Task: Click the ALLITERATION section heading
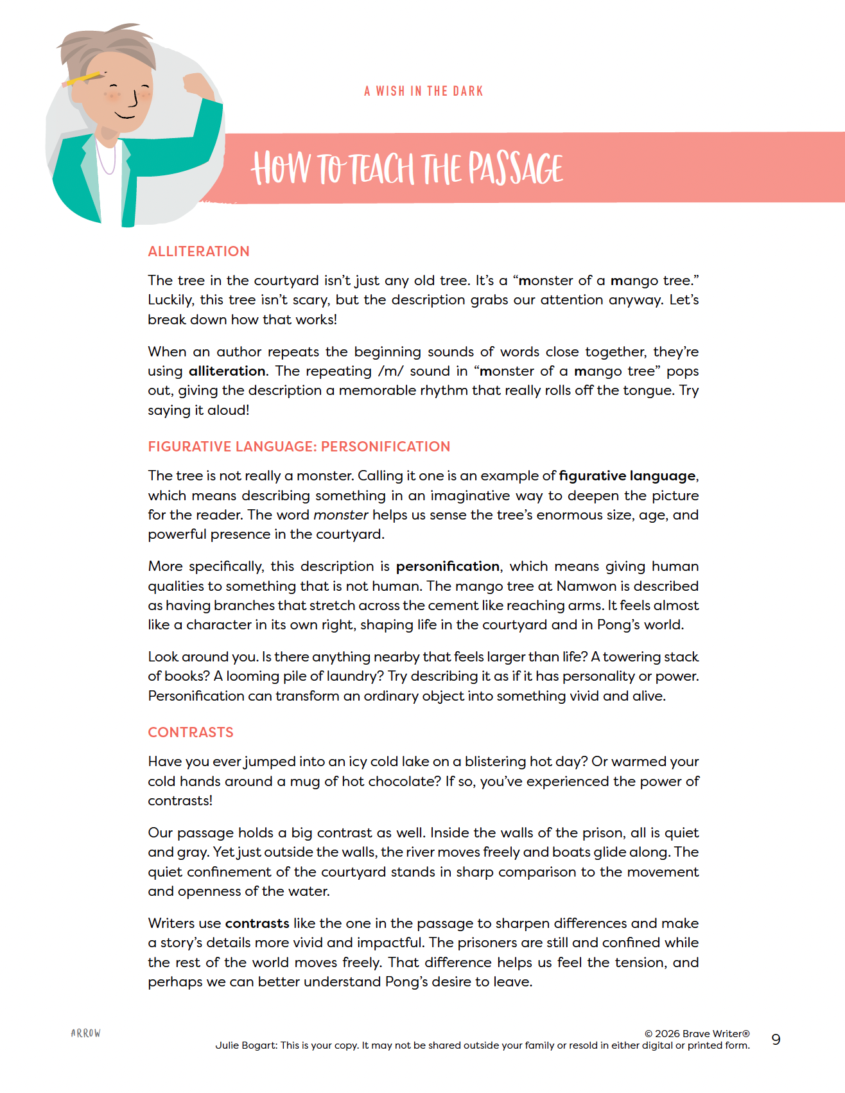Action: click(198, 252)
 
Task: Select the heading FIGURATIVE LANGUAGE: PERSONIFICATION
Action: click(299, 447)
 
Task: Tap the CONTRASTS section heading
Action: click(191, 733)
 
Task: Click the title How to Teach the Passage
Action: click(407, 168)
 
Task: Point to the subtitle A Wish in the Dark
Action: click(423, 91)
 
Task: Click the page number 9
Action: click(776, 1040)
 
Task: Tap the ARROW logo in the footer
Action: click(86, 1033)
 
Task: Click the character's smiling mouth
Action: click(125, 116)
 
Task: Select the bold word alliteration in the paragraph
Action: click(227, 371)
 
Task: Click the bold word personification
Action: click(448, 566)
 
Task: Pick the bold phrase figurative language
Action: click(627, 476)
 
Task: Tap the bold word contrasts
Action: click(257, 923)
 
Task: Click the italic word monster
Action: click(340, 515)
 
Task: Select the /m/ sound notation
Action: click(390, 371)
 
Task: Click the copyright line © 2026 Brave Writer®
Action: click(697, 1034)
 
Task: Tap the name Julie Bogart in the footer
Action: click(246, 1045)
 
